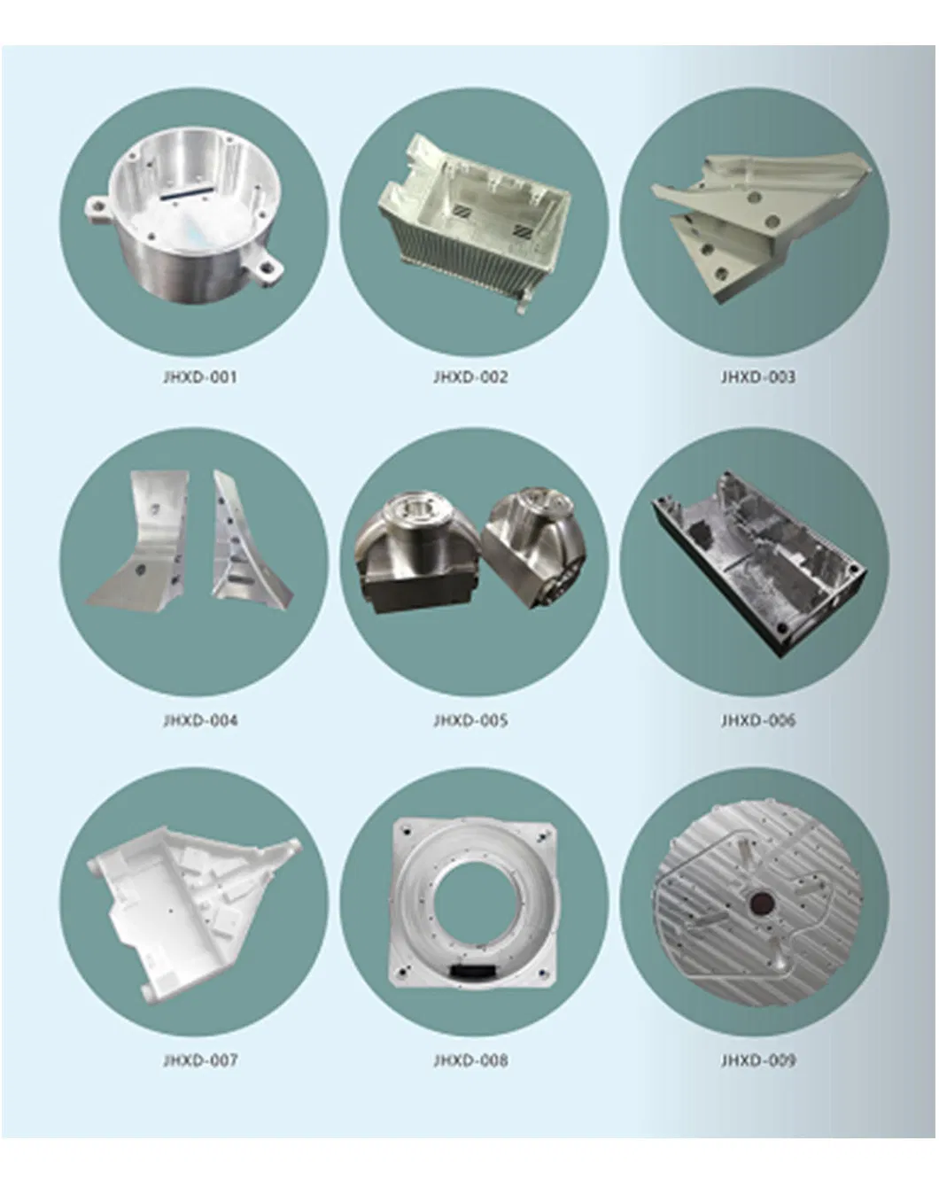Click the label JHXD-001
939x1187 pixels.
tap(200, 377)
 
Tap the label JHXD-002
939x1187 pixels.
tap(470, 377)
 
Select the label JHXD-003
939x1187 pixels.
tap(758, 377)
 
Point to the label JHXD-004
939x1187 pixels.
tap(200, 720)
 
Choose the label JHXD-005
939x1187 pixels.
tap(470, 720)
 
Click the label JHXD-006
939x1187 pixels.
tap(758, 720)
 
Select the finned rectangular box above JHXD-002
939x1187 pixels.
tap(475, 221)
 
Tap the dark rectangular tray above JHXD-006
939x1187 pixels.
tap(758, 562)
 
